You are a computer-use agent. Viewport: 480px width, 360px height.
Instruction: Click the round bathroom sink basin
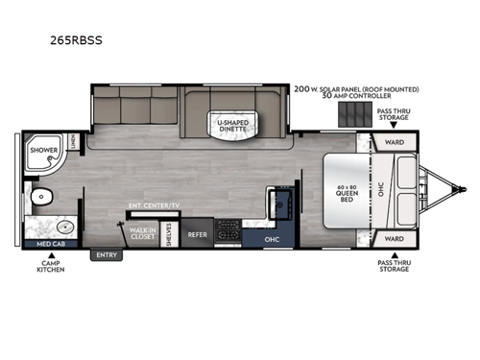click(64, 228)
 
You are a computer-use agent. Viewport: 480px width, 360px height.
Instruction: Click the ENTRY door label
click(105, 255)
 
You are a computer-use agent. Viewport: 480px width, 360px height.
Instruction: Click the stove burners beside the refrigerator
click(230, 229)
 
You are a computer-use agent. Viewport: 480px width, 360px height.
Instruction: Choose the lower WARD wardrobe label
click(395, 237)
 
